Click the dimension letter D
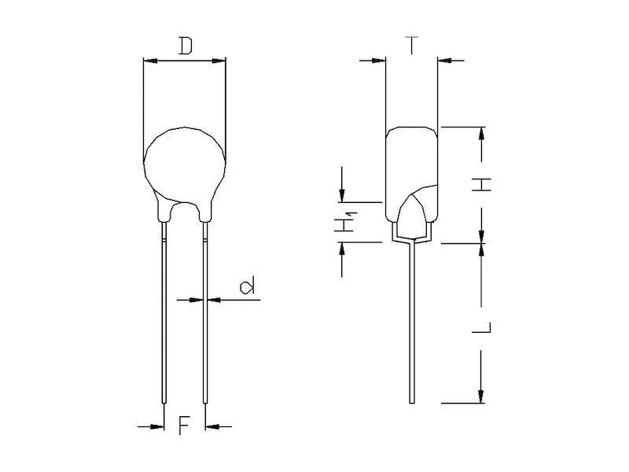click(x=186, y=46)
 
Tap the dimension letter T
click(x=411, y=45)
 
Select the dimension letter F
click(x=184, y=426)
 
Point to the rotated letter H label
click(x=481, y=184)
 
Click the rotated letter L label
click(x=481, y=327)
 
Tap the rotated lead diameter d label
click(x=247, y=286)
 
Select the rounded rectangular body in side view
click(x=411, y=175)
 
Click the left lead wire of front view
click(x=164, y=313)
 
